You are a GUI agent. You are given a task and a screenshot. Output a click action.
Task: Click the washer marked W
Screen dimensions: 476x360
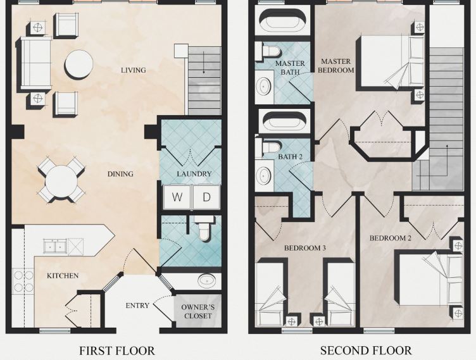click(x=177, y=197)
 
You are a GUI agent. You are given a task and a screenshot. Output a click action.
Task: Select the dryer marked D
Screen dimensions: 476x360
click(x=206, y=197)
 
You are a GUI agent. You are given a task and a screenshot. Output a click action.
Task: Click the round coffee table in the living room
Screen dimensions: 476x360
click(x=78, y=65)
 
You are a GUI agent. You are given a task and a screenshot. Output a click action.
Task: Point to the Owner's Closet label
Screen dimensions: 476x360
click(x=198, y=311)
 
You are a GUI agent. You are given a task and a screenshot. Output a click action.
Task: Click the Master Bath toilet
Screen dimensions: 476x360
click(x=268, y=50)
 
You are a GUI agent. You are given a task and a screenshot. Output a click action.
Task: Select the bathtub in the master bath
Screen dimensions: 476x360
click(x=282, y=20)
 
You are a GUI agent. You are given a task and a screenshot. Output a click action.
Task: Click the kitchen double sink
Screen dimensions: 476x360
click(x=55, y=246)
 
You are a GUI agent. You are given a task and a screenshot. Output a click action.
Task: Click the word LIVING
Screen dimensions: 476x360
click(x=134, y=70)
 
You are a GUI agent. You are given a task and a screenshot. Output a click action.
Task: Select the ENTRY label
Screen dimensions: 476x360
click(x=137, y=306)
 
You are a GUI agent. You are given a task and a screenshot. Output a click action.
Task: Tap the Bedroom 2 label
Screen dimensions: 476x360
click(x=391, y=238)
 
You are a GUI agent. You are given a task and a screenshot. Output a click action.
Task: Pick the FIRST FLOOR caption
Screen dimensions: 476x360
click(x=117, y=351)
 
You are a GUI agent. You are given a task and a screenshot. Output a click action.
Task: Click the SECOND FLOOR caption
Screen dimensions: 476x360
click(x=366, y=351)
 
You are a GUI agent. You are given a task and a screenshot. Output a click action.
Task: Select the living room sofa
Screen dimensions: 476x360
click(x=35, y=63)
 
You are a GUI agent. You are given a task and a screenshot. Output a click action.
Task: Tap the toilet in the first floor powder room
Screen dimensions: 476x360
click(x=204, y=228)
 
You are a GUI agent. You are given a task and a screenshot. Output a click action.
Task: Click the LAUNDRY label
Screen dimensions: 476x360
click(x=194, y=174)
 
